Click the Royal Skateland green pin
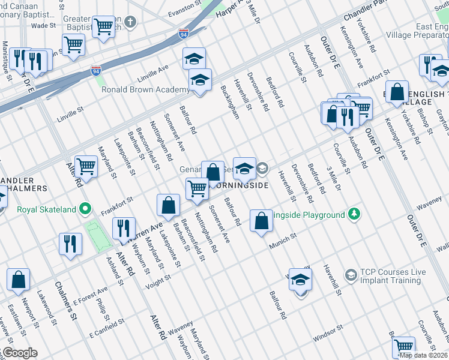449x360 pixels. point(86,209)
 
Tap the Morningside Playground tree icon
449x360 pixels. point(355,214)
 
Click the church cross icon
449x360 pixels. point(130,22)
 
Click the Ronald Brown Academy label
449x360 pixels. point(145,90)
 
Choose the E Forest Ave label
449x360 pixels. point(90,293)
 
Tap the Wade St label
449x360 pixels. point(43,26)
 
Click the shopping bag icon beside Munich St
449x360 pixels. point(261,221)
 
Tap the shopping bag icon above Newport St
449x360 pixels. point(19,279)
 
